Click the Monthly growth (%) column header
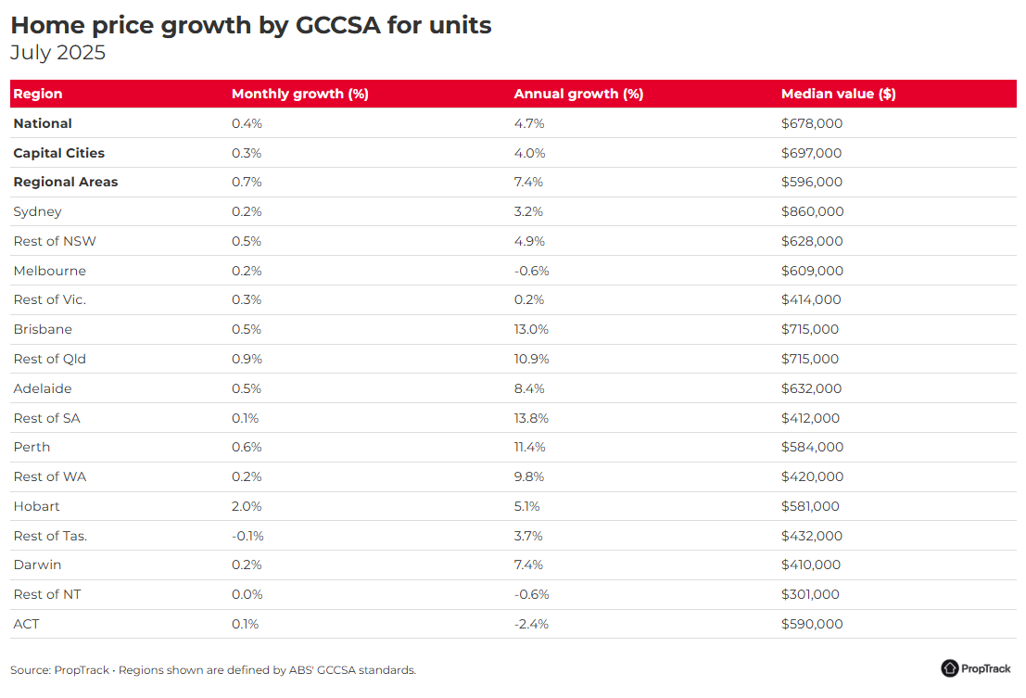click(300, 94)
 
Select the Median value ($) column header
click(838, 94)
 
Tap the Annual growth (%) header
click(578, 94)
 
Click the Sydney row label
click(37, 211)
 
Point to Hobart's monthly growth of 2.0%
click(247, 506)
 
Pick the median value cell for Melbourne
click(812, 271)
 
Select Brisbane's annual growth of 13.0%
click(531, 329)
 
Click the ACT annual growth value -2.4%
click(531, 624)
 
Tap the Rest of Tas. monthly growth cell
click(247, 536)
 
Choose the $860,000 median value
click(812, 211)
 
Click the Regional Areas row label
click(66, 182)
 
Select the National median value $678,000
click(812, 123)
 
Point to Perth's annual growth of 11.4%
click(530, 447)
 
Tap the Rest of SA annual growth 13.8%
click(531, 418)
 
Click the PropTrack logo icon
click(950, 668)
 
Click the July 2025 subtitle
click(57, 53)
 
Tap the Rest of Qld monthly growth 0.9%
click(247, 359)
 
